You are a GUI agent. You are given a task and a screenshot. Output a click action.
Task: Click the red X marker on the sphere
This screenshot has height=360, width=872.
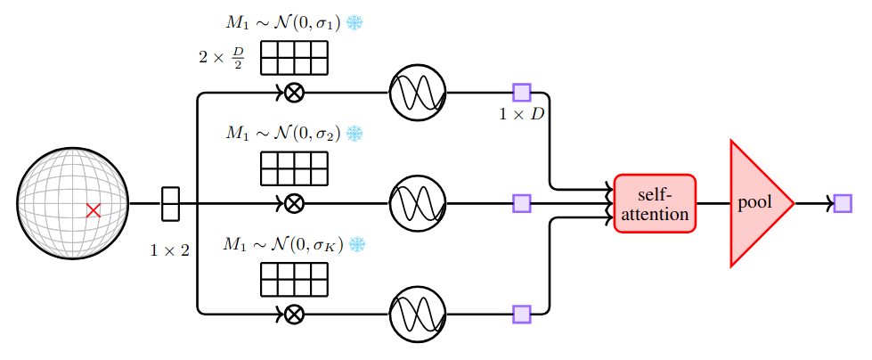93,210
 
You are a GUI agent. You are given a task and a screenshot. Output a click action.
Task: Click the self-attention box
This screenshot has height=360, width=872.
654,203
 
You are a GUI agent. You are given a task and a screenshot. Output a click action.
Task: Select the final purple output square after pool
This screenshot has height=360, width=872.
842,203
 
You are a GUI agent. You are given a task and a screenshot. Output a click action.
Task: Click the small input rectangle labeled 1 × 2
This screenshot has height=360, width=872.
170,203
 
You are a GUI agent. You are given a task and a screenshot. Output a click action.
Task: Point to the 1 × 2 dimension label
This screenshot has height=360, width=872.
169,250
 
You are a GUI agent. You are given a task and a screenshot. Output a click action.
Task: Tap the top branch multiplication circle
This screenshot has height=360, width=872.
293,92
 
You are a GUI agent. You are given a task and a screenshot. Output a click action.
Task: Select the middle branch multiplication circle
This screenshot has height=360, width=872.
293,203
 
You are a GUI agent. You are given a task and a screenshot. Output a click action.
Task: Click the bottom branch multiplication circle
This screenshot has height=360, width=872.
293,314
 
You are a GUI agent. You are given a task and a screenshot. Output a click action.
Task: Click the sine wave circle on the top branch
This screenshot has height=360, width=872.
418,92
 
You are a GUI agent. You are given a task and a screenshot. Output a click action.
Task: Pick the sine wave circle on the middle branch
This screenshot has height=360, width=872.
418,203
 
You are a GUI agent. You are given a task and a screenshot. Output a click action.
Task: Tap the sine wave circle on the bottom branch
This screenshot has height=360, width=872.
418,314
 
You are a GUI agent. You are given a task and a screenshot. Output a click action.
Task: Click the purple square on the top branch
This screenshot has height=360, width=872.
522,92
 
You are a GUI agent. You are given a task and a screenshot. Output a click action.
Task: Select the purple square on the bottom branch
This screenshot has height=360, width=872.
522,314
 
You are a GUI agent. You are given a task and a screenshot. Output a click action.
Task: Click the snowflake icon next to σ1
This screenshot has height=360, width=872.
355,23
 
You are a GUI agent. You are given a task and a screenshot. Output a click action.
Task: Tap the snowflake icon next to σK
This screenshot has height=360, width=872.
356,244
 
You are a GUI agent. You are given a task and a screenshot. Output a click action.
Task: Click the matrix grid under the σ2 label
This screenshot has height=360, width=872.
293,168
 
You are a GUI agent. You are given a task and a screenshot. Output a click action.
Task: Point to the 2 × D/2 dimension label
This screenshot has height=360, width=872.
222,59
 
